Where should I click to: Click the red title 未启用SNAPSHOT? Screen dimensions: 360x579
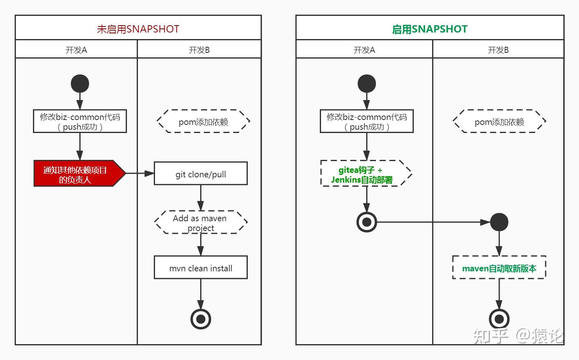click(x=138, y=29)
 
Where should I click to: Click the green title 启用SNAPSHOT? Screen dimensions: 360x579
click(x=430, y=29)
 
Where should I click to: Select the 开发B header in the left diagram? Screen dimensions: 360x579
click(x=199, y=50)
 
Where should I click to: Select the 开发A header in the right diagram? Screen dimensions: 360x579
click(x=364, y=50)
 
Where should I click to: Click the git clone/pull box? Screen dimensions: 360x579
click(x=201, y=174)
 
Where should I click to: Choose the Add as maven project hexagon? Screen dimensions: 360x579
click(x=201, y=223)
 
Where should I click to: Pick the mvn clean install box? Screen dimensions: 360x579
click(x=201, y=268)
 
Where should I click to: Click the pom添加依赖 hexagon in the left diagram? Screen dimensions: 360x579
click(x=203, y=121)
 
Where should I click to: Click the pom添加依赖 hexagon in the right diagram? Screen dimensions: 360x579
click(x=499, y=121)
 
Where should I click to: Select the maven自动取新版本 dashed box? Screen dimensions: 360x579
click(x=499, y=268)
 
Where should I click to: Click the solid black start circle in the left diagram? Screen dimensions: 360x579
click(x=80, y=84)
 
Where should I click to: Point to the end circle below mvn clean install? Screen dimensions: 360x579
click(x=201, y=319)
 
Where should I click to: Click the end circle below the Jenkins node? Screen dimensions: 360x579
click(x=367, y=222)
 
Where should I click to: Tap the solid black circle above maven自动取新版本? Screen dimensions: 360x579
click(x=499, y=222)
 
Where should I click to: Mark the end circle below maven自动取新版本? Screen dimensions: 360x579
click(x=499, y=319)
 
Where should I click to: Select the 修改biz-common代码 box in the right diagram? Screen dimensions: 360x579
click(x=367, y=121)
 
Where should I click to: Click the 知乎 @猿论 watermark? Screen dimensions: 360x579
click(x=518, y=336)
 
